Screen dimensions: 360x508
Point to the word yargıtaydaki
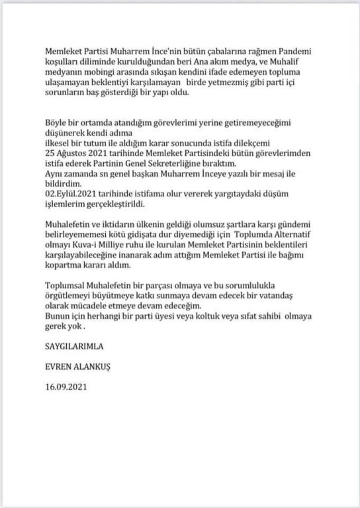(x=236, y=194)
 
